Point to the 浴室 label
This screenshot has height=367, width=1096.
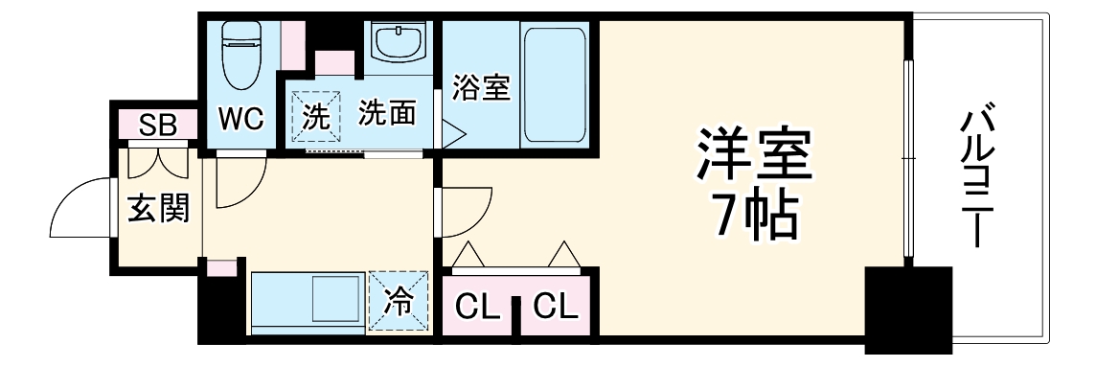pyautogui.click(x=480, y=88)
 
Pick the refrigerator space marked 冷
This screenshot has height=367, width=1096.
pyautogui.click(x=397, y=302)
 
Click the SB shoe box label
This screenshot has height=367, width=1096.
pyautogui.click(x=159, y=124)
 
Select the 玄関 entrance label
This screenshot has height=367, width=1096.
pyautogui.click(x=158, y=206)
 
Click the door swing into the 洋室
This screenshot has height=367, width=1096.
pyautogui.click(x=467, y=214)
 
